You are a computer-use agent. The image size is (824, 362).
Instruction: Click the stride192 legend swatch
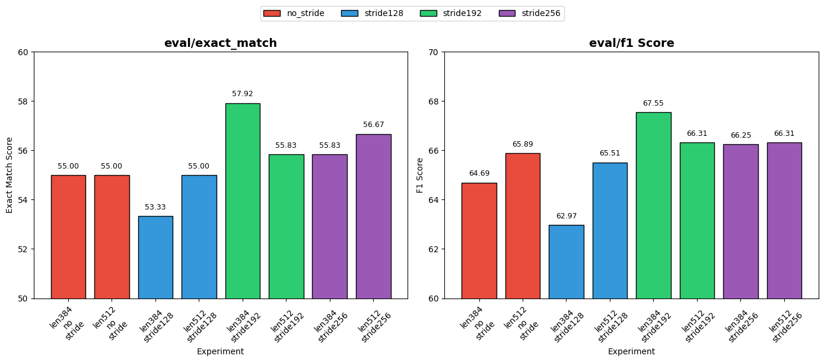tap(428, 13)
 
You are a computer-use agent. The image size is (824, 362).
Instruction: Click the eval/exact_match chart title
tap(220, 43)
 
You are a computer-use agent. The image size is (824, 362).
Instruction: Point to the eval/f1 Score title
tap(631, 43)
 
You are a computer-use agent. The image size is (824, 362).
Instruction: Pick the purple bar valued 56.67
tap(373, 216)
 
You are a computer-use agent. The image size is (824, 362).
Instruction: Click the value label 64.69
tap(479, 173)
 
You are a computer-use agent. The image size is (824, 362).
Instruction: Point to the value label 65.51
tap(609, 153)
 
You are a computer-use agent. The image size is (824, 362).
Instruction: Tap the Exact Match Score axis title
tap(9, 175)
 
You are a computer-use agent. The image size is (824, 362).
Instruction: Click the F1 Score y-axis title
tap(420, 175)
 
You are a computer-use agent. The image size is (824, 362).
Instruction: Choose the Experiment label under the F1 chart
tap(631, 351)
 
